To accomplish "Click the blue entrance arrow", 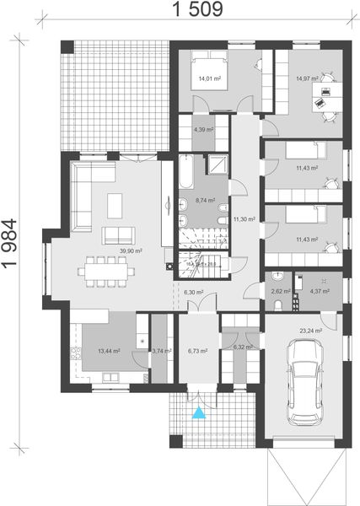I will [199, 412].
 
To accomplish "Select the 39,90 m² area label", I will [131, 250].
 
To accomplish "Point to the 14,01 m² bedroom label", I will [209, 79].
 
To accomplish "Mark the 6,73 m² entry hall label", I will [198, 350].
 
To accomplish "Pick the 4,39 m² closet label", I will [204, 130].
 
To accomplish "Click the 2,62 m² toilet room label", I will [280, 292].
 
